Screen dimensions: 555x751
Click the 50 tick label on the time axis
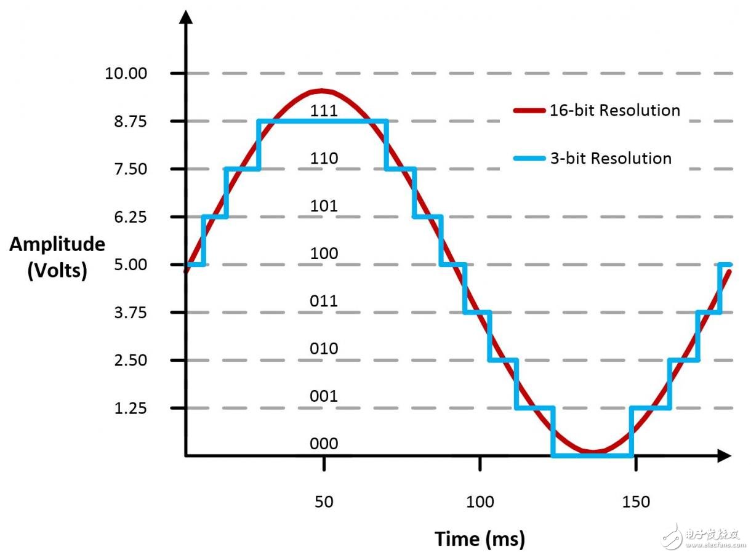click(x=324, y=502)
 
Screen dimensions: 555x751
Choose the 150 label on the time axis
click(x=636, y=502)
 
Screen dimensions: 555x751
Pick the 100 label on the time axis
click(x=480, y=502)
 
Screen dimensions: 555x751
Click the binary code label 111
click(x=324, y=111)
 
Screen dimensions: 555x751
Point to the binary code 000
click(x=324, y=444)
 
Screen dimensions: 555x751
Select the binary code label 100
click(x=324, y=254)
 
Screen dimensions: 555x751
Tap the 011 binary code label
click(x=324, y=301)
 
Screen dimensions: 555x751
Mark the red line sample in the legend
click(x=529, y=111)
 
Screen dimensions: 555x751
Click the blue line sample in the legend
click(x=529, y=159)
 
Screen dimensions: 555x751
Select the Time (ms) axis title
click(x=480, y=539)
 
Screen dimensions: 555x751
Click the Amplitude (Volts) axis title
click(x=57, y=257)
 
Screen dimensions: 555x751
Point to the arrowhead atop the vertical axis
click(x=186, y=17)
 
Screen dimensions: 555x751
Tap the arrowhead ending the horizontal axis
click(x=724, y=456)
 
